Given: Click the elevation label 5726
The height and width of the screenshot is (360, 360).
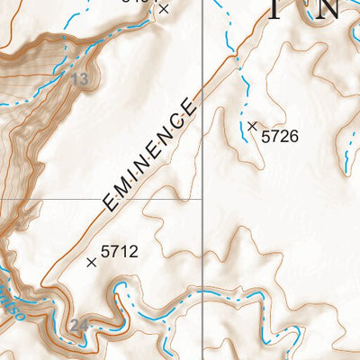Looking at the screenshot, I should [x=279, y=137].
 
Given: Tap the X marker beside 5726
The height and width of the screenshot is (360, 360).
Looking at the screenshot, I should [x=253, y=126].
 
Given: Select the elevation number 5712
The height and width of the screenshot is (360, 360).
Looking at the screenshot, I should [x=119, y=252].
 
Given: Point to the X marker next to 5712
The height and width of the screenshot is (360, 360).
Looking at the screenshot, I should [x=91, y=262].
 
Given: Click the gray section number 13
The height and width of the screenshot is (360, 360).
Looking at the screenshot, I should [x=80, y=80].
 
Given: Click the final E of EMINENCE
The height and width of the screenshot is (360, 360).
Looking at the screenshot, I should [x=189, y=111].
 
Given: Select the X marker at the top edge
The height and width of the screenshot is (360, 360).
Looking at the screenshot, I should [x=163, y=8].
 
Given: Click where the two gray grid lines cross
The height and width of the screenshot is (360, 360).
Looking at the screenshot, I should [x=202, y=198].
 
